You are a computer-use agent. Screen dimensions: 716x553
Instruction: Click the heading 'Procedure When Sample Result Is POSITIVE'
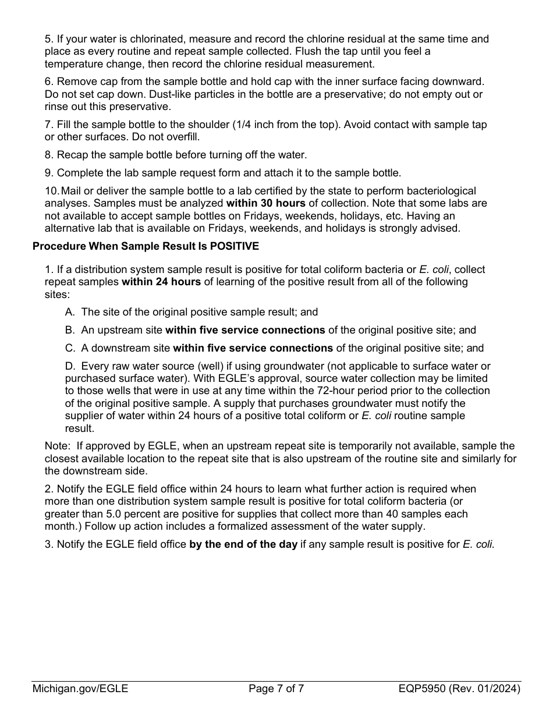[146, 246]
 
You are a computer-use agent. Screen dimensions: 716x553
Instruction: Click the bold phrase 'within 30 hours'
[265, 203]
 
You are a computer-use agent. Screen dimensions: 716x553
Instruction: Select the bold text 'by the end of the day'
[243, 545]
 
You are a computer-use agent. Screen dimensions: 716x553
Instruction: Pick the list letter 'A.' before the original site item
[70, 312]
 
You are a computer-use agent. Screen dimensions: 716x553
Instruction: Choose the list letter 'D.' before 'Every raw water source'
[70, 366]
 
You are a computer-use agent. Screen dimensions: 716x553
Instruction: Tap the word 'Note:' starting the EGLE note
[58, 446]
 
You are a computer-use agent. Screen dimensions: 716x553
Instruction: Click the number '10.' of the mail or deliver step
[52, 191]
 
